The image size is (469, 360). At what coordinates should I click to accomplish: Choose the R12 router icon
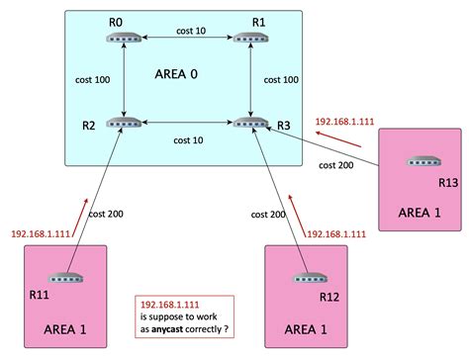(307, 279)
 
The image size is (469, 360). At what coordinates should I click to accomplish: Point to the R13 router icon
(422, 161)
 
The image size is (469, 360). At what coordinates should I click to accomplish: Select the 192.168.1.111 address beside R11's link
(44, 233)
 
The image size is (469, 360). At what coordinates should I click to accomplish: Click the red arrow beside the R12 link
(297, 224)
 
